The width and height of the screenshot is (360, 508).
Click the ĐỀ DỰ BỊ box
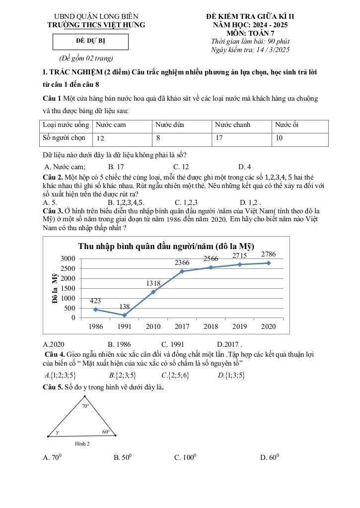[90, 41]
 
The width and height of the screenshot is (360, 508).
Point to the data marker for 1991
[124, 315]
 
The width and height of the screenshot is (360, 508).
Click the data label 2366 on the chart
[182, 262]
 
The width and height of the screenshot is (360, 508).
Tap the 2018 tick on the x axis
[211, 327]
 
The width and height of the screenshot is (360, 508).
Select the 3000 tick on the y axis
[68, 258]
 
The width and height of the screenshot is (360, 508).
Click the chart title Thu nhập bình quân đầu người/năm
[166, 247]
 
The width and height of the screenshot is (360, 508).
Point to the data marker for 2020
[269, 263]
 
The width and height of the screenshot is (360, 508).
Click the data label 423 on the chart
[96, 301]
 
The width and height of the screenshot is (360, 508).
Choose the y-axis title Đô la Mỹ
[55, 288]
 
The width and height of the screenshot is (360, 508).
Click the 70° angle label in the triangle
[85, 406]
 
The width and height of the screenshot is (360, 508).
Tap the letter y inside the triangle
[57, 432]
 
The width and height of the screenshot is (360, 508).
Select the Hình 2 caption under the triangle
[82, 444]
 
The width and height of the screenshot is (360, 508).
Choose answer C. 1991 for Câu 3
[173, 344]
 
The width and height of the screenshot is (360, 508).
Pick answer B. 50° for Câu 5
[123, 458]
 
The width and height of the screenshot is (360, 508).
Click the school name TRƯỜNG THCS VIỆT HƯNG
[96, 25]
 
